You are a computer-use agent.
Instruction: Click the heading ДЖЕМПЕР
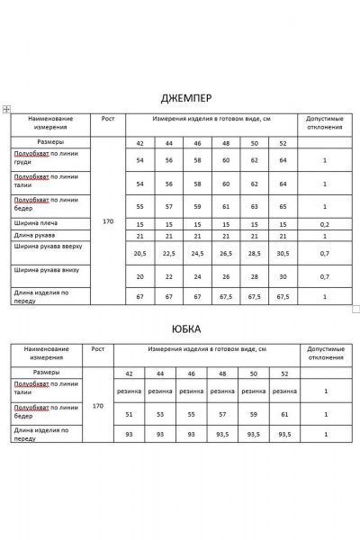tap(180, 97)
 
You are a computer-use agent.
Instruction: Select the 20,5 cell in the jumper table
tap(139, 254)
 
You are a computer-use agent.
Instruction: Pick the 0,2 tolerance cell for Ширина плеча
tap(325, 223)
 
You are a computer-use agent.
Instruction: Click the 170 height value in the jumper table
tap(108, 221)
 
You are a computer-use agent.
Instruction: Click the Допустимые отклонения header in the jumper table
tap(325, 123)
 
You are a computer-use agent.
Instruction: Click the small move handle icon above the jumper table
tap(6, 109)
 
